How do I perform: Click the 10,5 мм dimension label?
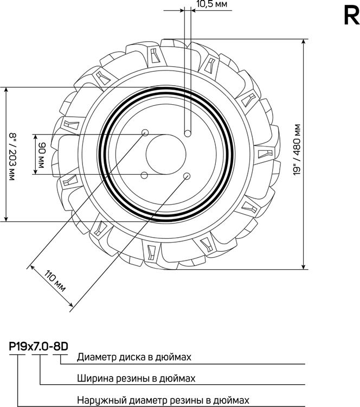coord(212,4)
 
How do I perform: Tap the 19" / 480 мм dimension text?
coord(297,150)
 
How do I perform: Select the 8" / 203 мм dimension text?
coord(12,157)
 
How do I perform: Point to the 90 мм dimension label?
coord(41,155)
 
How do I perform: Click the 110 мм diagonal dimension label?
coord(55,281)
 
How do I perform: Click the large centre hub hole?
coord(166,155)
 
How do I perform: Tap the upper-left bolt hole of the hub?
coord(145,132)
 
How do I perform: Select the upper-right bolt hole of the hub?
coord(188,133)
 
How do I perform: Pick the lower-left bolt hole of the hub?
coord(144,175)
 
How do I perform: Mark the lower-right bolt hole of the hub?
coord(187,176)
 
